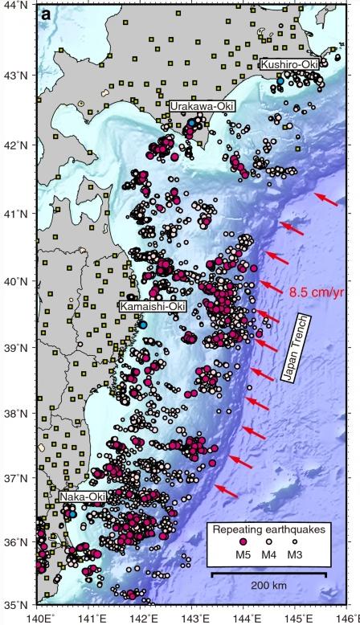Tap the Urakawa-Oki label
[x=197, y=105]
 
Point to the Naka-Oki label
[x=83, y=498]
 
